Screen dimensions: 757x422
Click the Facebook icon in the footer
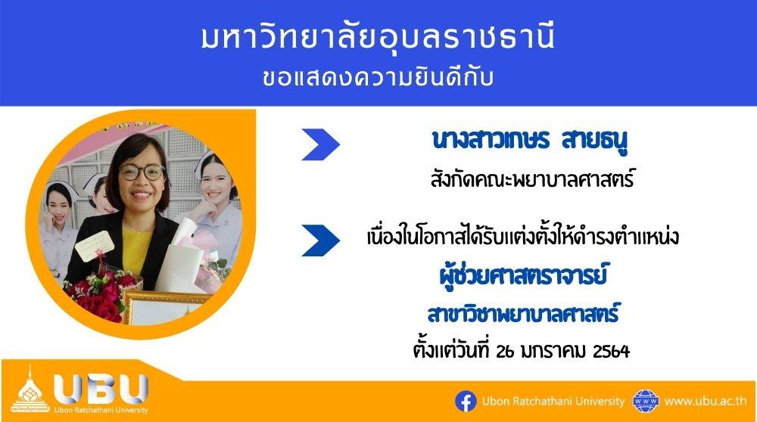(x=466, y=402)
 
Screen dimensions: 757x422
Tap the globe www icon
(x=646, y=402)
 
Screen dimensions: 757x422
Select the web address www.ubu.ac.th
(x=706, y=402)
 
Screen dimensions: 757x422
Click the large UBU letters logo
(x=101, y=389)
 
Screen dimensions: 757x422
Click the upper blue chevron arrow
(x=320, y=144)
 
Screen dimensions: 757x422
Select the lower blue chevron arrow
(x=320, y=240)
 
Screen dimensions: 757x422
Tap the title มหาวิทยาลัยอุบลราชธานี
(x=378, y=38)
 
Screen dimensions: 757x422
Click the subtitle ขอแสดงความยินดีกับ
(x=378, y=78)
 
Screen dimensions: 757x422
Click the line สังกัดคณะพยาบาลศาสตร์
(x=531, y=179)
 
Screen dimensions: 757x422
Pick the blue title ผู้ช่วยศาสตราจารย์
(x=523, y=276)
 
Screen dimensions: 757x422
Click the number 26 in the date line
(x=505, y=351)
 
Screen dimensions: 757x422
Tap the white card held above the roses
(x=94, y=246)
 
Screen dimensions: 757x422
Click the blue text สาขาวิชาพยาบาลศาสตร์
(x=523, y=314)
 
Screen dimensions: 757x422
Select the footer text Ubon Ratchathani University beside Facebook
(x=553, y=402)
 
